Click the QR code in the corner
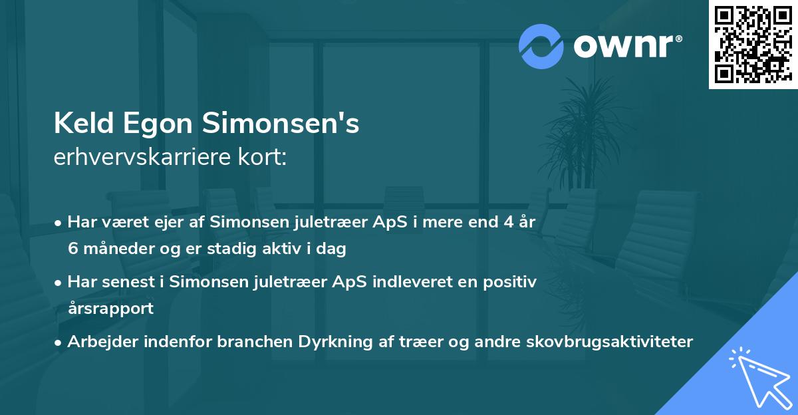click(753, 44)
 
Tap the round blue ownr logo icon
click(541, 46)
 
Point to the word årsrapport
click(110, 309)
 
